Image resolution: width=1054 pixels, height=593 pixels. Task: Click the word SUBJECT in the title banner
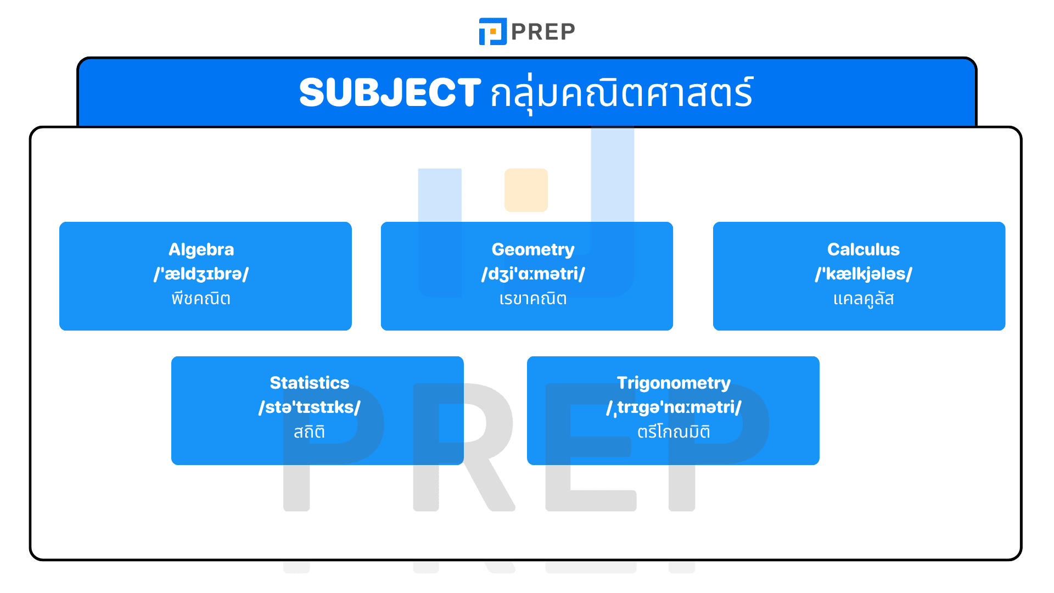point(390,92)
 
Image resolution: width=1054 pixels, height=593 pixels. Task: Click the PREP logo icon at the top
point(492,31)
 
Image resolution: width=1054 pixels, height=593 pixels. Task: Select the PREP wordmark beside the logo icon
point(543,32)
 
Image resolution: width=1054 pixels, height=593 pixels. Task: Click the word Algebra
point(201,249)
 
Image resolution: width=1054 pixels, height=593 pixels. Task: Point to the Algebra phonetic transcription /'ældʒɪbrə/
point(201,273)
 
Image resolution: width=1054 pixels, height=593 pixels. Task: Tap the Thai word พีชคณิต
point(201,299)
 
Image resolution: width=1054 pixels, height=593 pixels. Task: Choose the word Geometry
point(532,249)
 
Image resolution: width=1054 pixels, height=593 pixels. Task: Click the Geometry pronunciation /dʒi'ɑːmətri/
point(532,273)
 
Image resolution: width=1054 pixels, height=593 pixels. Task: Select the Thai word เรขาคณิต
point(532,299)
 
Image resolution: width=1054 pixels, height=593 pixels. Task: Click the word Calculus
point(863,249)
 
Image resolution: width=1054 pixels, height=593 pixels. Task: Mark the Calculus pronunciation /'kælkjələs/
point(863,273)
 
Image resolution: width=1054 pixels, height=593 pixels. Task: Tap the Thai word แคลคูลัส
point(863,299)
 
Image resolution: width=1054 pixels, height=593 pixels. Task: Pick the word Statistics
point(309,383)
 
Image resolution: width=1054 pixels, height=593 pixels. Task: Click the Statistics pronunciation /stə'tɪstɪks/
point(309,407)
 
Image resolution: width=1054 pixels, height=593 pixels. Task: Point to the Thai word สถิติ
point(309,432)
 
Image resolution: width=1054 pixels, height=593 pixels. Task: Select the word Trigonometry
point(674,383)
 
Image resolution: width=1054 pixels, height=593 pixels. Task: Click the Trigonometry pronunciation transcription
point(674,407)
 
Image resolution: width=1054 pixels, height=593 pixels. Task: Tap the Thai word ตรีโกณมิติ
point(674,432)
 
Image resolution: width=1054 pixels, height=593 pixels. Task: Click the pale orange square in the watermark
point(526,190)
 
